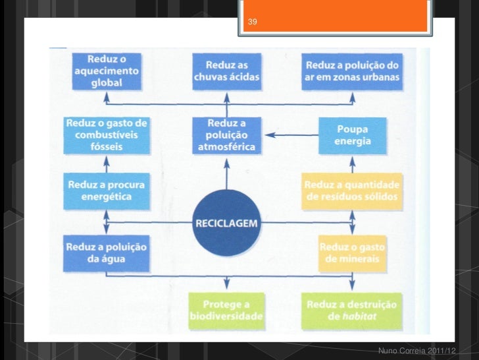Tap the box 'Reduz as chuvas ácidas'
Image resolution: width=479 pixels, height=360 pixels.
(x=227, y=71)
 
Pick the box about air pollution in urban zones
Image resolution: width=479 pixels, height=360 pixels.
(x=352, y=71)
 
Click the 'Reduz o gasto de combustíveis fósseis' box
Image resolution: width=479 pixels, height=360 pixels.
(x=107, y=135)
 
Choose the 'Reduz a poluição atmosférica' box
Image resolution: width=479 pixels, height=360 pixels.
(x=226, y=135)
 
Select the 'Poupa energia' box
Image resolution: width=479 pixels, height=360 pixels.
(x=353, y=135)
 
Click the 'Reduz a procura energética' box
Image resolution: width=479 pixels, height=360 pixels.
(x=106, y=190)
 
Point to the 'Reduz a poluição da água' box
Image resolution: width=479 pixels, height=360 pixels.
(x=105, y=253)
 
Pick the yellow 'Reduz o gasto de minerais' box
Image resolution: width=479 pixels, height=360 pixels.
(x=352, y=253)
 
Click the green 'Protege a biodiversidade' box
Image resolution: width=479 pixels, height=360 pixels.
(x=226, y=310)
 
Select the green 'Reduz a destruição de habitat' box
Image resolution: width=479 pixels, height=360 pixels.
(x=352, y=310)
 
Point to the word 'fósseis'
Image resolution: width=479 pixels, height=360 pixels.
(x=106, y=146)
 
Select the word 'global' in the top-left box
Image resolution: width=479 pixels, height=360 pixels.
(x=97, y=84)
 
